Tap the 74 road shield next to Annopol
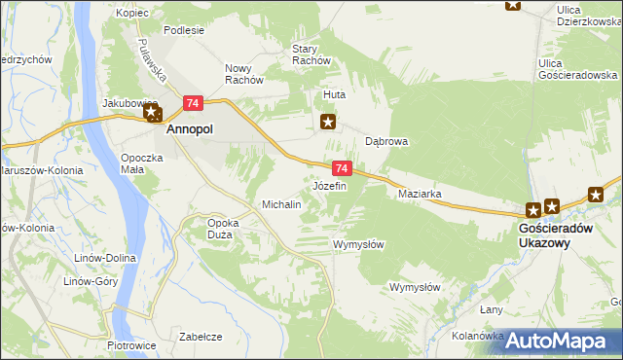tap(193, 103)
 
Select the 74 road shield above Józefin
tap(341, 168)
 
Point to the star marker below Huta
tap(329, 122)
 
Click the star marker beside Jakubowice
tap(153, 114)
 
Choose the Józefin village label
tap(329, 185)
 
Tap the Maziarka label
tap(421, 194)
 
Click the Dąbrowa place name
tap(386, 141)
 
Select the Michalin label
tap(281, 205)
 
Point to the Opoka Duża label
tap(223, 229)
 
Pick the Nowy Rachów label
tap(244, 74)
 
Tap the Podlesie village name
tap(184, 30)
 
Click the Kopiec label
tap(130, 13)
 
